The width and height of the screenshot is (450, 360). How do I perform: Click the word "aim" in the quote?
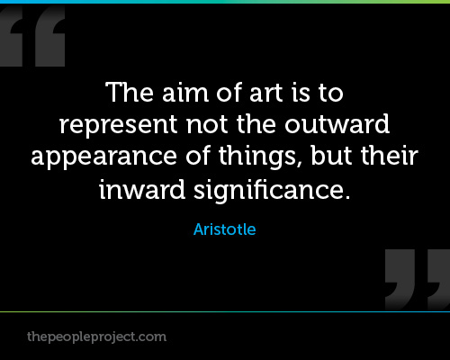tap(185, 92)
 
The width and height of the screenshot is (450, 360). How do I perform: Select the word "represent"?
tap(119, 125)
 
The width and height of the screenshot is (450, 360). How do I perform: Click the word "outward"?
tap(337, 123)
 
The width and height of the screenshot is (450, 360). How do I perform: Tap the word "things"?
tap(257, 157)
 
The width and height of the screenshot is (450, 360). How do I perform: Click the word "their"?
tap(390, 156)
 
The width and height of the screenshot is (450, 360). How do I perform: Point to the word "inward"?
tap(142, 189)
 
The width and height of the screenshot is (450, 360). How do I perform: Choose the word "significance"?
tap(268, 191)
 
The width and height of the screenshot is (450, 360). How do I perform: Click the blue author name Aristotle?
tap(225, 229)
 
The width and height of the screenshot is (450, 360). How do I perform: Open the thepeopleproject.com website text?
tap(96, 337)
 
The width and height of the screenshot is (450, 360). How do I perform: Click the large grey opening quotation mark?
tap(32, 36)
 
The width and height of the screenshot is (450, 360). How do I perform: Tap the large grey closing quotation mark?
tap(418, 280)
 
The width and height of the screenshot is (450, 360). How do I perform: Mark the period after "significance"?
tap(347, 196)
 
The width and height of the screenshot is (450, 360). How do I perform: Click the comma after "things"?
tap(300, 165)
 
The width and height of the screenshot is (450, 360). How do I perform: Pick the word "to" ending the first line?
tap(331, 93)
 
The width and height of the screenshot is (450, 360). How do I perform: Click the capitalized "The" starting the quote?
tap(130, 92)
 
